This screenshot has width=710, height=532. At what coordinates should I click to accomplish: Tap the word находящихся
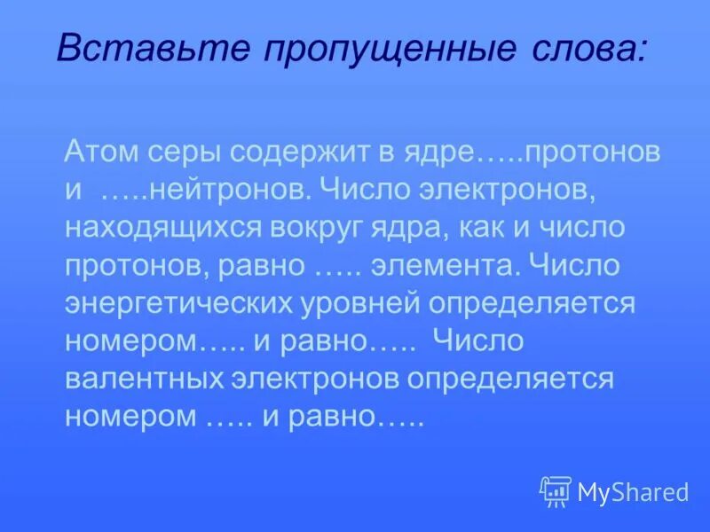[162, 229]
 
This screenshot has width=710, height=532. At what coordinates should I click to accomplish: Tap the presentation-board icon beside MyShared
[556, 491]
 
